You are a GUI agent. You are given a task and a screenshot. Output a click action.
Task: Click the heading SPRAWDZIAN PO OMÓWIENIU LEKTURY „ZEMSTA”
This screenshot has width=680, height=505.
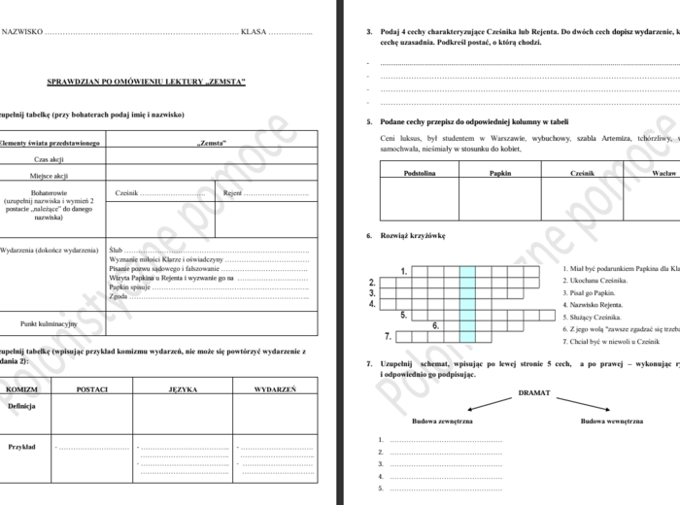click(x=148, y=83)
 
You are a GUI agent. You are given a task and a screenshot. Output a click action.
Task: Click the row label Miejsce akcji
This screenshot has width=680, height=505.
click(x=51, y=176)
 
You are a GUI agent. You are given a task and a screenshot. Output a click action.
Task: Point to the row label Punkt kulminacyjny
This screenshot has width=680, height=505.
click(x=50, y=322)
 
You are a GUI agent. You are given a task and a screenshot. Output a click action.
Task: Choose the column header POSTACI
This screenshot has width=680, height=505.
click(x=90, y=388)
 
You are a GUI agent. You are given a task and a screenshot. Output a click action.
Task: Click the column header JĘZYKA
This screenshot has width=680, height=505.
click(x=183, y=388)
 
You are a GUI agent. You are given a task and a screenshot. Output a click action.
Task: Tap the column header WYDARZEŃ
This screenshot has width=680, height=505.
click(x=275, y=388)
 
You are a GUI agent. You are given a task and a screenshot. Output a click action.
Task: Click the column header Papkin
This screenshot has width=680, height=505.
click(x=500, y=172)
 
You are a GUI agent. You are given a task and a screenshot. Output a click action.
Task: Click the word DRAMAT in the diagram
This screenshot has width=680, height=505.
click(x=534, y=393)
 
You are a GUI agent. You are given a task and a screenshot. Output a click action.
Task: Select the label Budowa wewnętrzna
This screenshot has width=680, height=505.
click(x=612, y=421)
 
